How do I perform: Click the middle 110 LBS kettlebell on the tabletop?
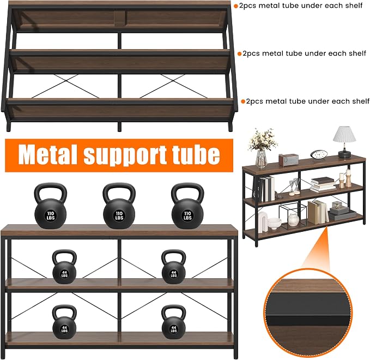click(119, 206)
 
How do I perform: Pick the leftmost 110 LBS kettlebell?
click(51, 206)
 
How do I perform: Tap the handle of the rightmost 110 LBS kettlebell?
click(187, 192)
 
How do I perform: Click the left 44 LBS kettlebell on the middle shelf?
click(64, 267)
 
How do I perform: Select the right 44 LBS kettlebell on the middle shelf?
click(174, 267)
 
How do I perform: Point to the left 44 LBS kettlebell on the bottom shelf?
click(64, 322)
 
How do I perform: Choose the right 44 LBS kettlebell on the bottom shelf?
click(174, 322)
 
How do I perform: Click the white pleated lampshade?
click(344, 134)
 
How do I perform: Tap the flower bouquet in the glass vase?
click(263, 140)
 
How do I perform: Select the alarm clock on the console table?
click(319, 155)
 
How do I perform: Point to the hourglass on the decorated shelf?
click(294, 187)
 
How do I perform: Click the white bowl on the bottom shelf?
click(274, 223)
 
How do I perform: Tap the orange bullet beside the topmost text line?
click(236, 6)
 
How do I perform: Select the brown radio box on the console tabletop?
click(288, 159)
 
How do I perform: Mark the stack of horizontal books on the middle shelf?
click(323, 184)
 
